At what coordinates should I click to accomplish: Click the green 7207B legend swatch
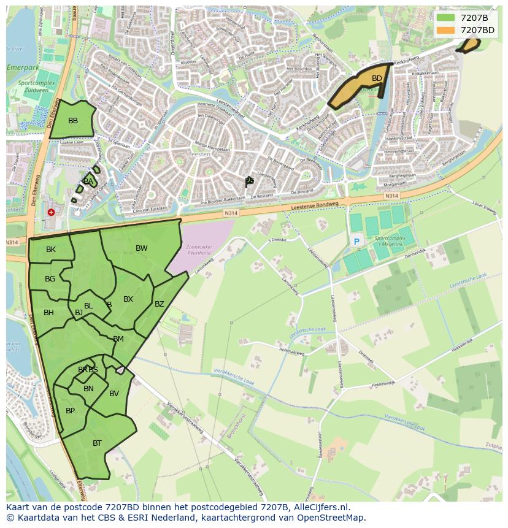click(446, 18)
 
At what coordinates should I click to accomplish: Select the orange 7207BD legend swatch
click(446, 30)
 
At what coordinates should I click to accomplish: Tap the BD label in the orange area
click(377, 78)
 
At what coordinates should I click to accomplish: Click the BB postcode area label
click(73, 121)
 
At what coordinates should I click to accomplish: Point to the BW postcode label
click(142, 248)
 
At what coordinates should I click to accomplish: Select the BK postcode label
click(51, 250)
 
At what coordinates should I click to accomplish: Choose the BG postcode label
click(50, 279)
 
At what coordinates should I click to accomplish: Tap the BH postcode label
click(48, 313)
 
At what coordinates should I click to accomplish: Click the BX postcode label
click(128, 299)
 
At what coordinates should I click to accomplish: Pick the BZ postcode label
click(160, 304)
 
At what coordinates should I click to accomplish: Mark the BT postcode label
click(97, 443)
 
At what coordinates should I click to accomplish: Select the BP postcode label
click(70, 411)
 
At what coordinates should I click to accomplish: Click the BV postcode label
click(114, 394)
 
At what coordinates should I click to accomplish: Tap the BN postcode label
click(88, 389)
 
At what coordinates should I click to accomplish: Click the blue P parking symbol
click(356, 242)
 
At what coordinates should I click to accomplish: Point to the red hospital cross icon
click(51, 212)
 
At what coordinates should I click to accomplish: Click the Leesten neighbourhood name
click(200, 155)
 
